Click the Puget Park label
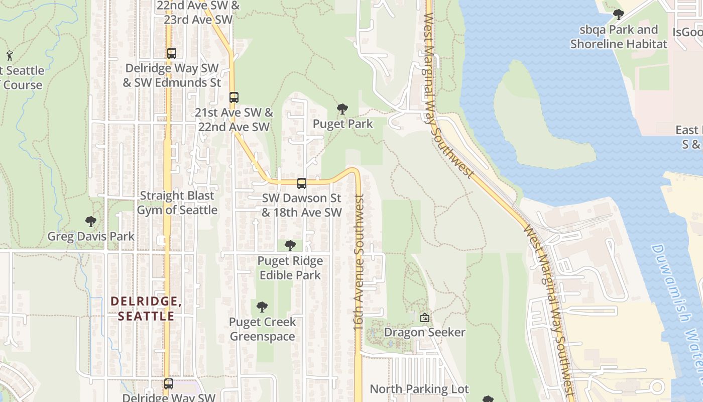click(x=343, y=124)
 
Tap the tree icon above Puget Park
click(x=342, y=109)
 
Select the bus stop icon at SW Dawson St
click(x=301, y=183)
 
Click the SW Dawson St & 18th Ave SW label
click(x=302, y=205)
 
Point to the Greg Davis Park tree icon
click(x=91, y=221)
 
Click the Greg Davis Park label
click(x=91, y=236)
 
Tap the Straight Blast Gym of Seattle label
click(x=177, y=203)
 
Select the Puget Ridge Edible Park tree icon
click(x=290, y=246)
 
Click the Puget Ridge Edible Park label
click(x=290, y=268)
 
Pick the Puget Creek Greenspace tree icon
click(x=262, y=307)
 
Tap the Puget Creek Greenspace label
click(x=263, y=329)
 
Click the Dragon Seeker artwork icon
click(x=425, y=318)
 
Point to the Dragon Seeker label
click(x=425, y=332)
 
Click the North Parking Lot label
click(x=419, y=389)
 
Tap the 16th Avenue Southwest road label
click(x=359, y=262)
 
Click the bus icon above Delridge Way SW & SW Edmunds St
click(x=172, y=53)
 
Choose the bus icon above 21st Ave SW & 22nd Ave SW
click(x=233, y=97)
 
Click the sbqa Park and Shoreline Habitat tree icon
click(x=619, y=15)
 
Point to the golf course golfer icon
click(x=10, y=55)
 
